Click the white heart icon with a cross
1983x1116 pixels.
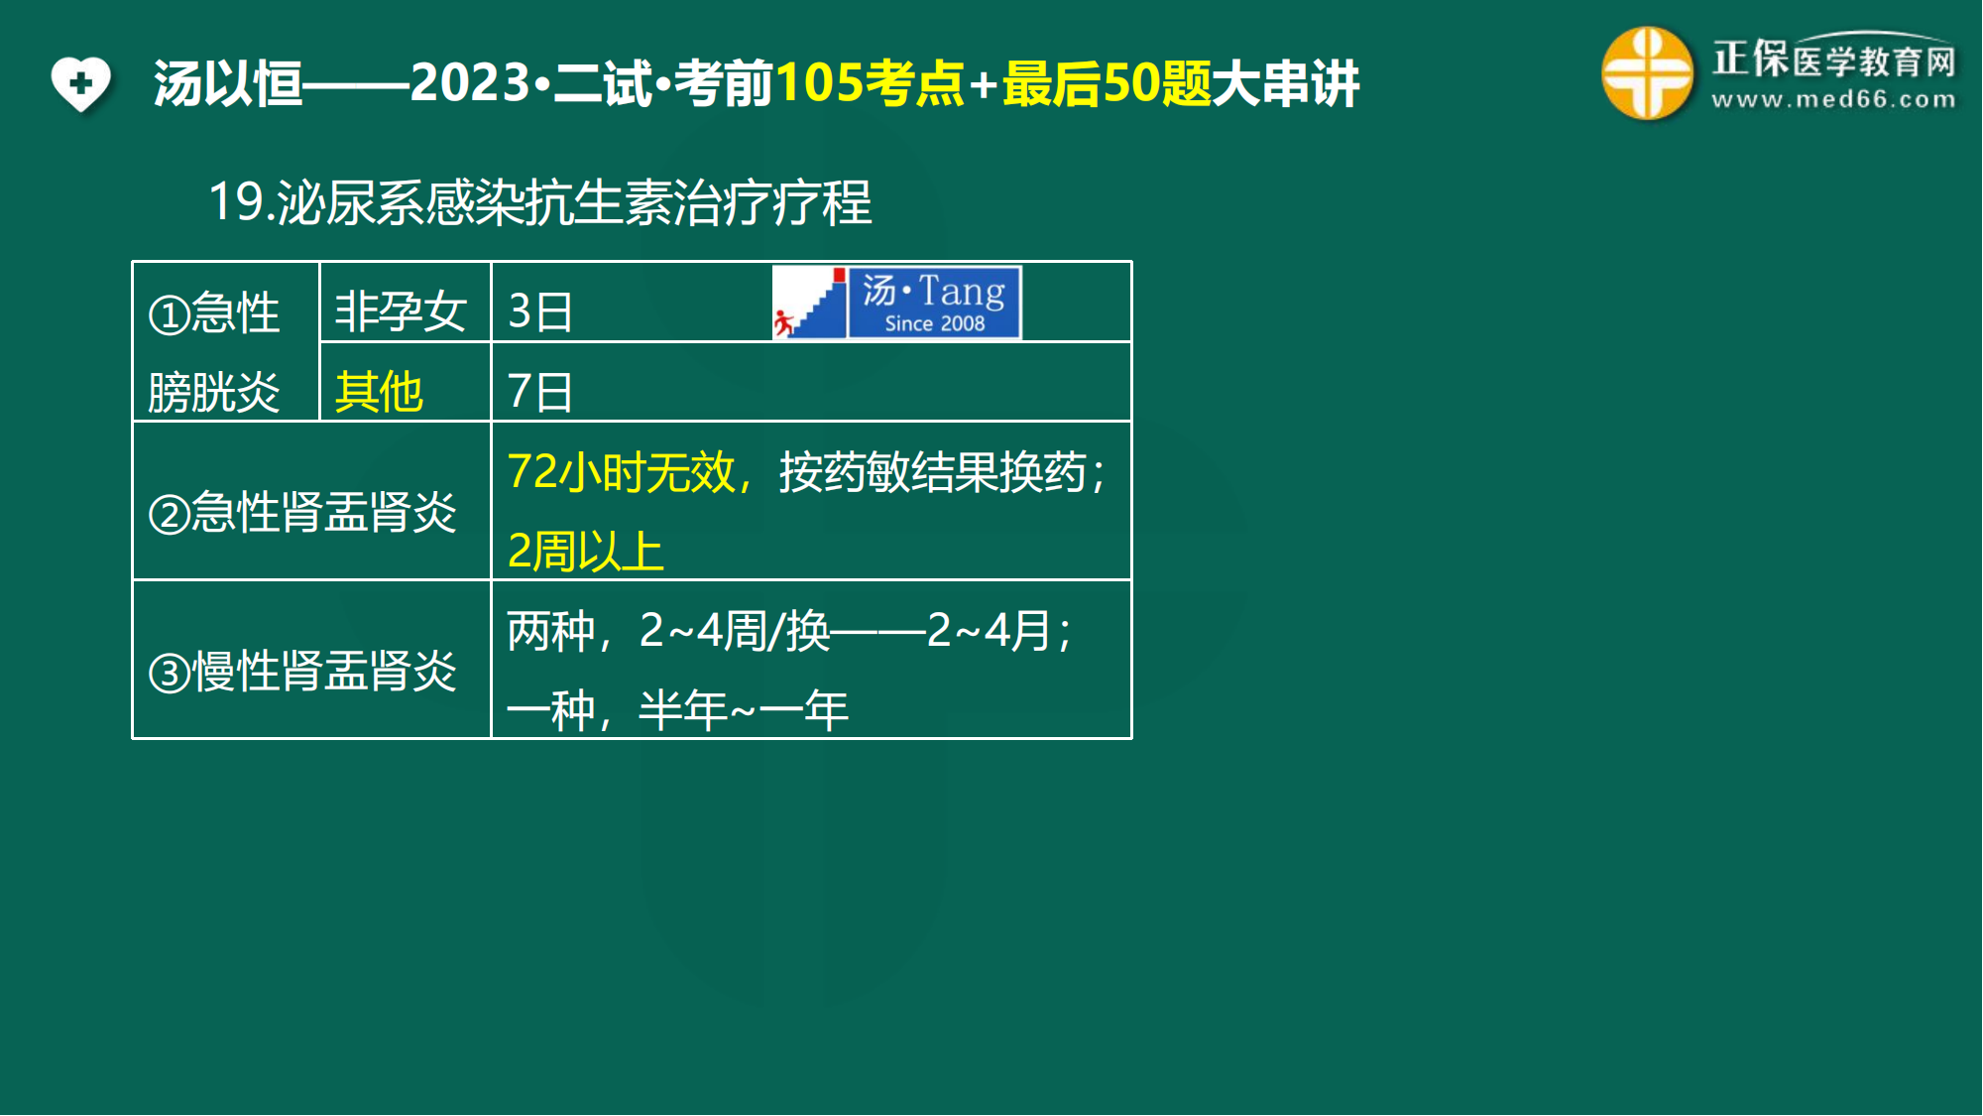point(80,83)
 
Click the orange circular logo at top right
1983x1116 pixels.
point(1647,73)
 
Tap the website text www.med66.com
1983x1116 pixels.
point(1833,99)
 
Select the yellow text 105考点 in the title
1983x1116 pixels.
point(870,83)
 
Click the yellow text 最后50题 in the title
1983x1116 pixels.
point(1107,83)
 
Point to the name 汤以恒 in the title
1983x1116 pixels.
point(228,83)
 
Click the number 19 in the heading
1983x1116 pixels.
point(236,201)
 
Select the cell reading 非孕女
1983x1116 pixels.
point(401,311)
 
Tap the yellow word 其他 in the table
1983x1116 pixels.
point(379,391)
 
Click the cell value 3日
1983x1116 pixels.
point(540,311)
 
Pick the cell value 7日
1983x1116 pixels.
point(540,391)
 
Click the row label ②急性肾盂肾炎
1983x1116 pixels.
point(302,512)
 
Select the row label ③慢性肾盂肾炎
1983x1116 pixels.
point(302,671)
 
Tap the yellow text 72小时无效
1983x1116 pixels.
point(622,471)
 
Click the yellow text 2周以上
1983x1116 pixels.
point(585,551)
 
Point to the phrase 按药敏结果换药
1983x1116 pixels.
point(933,471)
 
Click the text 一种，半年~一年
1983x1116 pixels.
point(678,709)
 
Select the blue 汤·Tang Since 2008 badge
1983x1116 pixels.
point(934,303)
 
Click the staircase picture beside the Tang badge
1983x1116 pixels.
point(810,303)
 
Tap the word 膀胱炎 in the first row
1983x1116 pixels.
point(214,392)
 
